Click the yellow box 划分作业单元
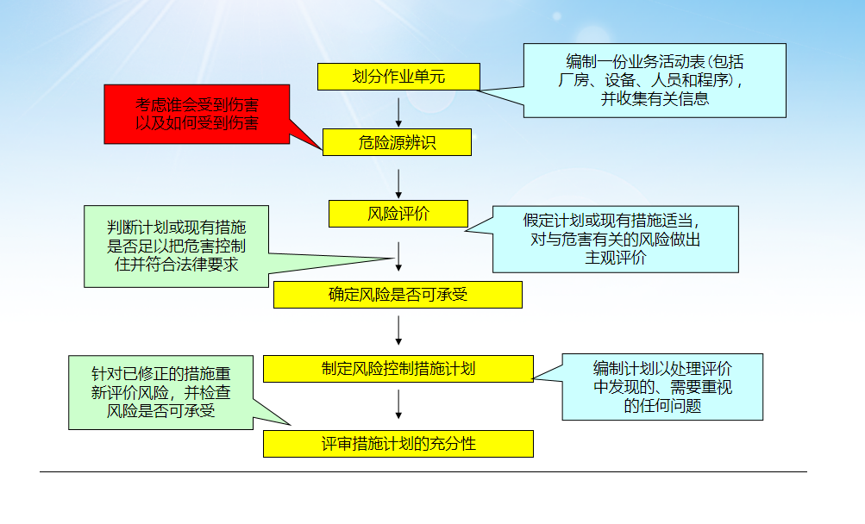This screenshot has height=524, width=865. coord(398,77)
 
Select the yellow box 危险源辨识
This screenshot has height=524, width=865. coord(397,142)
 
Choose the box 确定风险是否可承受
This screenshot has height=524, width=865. coord(398,295)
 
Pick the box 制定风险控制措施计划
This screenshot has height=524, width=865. coord(398,369)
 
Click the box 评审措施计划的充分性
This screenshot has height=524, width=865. coord(398,444)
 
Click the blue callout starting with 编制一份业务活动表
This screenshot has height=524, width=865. coord(655,80)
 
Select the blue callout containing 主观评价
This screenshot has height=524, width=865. coord(616,240)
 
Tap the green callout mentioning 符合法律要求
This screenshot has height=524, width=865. coord(176,246)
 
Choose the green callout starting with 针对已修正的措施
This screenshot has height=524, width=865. coord(160,392)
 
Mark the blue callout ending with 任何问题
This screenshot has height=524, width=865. coord(662,387)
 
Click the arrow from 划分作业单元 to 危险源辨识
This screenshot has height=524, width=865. coord(398,109)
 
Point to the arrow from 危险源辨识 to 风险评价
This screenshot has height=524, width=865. coord(398,182)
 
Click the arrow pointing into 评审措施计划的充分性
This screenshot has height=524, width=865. coord(398,405)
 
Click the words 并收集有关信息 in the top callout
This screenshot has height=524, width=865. coord(655,98)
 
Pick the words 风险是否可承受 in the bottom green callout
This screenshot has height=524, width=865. coord(161,410)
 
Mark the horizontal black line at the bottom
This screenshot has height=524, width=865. coord(423,471)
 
